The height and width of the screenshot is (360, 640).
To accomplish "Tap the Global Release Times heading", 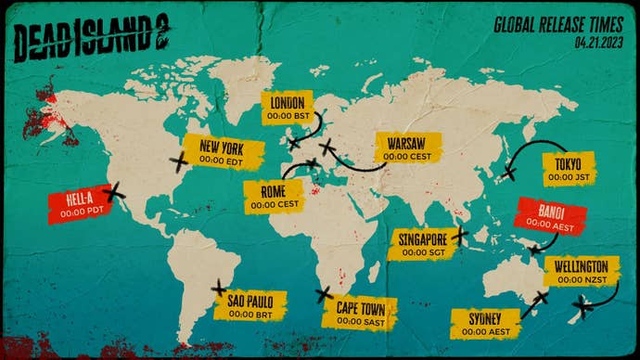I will coord(559,25).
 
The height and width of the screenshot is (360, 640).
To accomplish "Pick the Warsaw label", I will coord(407,149).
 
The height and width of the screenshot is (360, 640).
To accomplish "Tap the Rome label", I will coord(274,196).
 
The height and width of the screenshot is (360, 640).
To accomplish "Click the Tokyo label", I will coord(569,171).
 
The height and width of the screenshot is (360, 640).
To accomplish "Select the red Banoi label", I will coord(548,218).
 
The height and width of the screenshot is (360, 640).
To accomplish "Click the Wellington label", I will coord(581,272).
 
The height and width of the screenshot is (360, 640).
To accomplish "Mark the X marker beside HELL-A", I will coord(115,193).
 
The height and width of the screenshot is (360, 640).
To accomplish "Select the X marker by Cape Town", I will coord(324,295).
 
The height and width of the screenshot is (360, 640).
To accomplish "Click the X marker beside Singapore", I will coord(461,236).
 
